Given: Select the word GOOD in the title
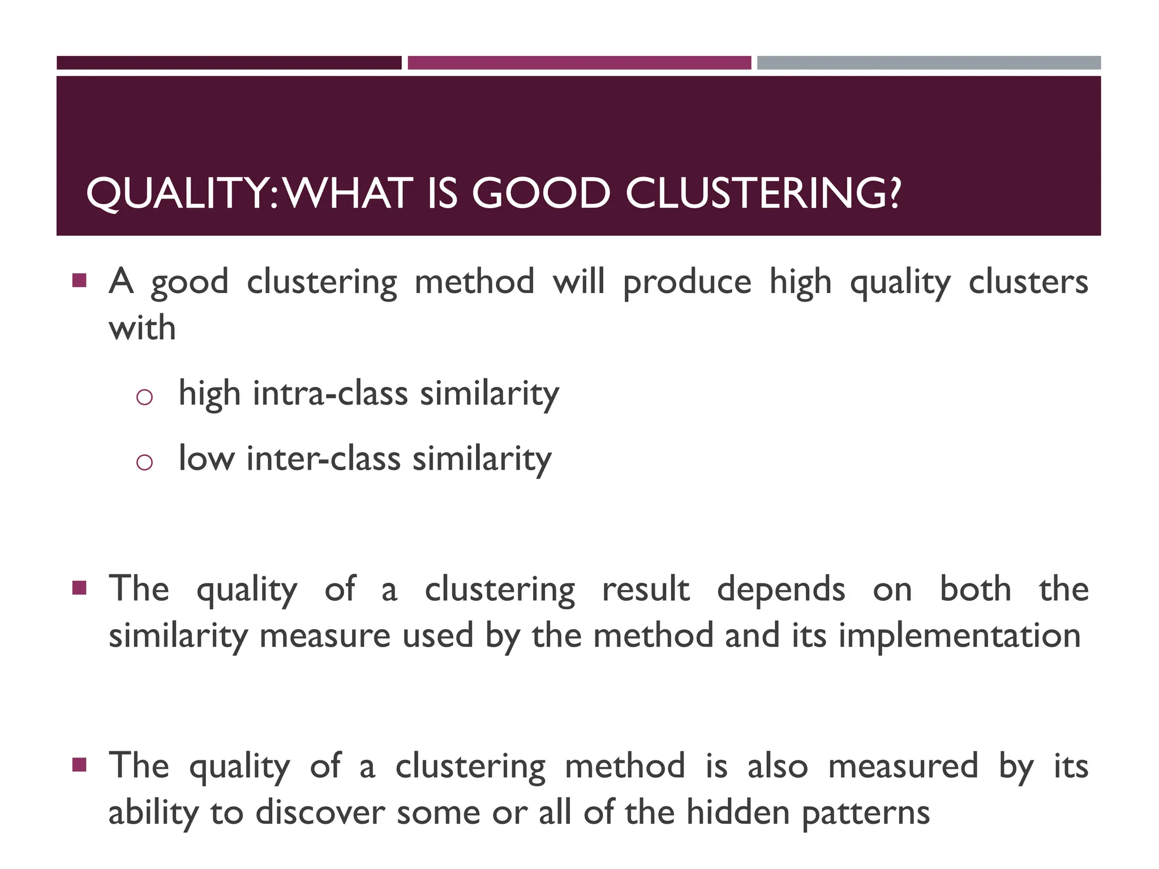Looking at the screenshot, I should coord(541,193).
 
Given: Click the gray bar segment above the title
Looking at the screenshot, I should coord(929,63).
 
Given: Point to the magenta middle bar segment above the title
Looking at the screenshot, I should coord(579,63).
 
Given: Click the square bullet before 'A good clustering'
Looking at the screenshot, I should coord(79,280).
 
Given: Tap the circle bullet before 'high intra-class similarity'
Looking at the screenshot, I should coord(144,397).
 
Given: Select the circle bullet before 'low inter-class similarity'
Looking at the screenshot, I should coord(144,462).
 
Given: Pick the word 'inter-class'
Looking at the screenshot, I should coord(323,458).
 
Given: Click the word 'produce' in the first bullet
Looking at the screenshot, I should coord(687,282).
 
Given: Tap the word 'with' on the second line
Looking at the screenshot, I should coord(142,328).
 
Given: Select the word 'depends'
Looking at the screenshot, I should coord(781,590).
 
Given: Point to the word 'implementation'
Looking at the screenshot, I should coord(959,636).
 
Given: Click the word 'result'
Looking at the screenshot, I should coord(646,590).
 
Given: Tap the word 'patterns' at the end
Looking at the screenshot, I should coord(866,814).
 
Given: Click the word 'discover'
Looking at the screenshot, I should coord(320,812).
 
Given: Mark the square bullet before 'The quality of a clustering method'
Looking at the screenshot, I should coord(79,765).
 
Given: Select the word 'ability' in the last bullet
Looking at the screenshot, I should coord(153,814).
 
